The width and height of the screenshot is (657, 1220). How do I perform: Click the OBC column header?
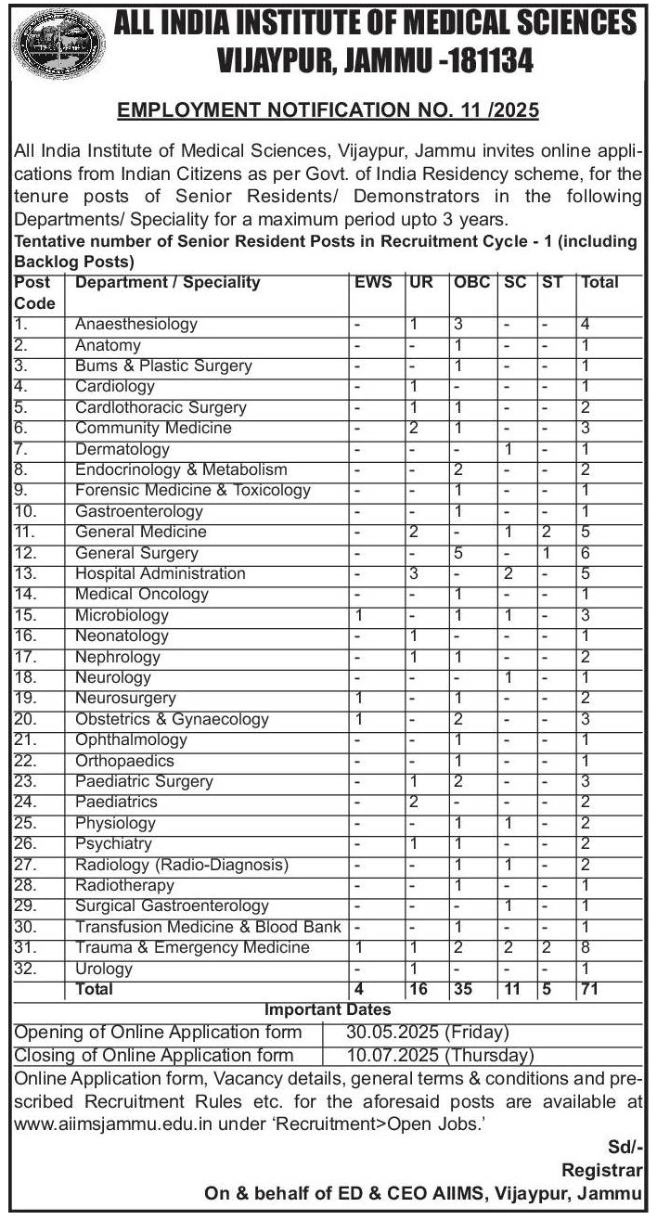(470, 283)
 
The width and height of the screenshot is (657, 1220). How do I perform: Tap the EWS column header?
(373, 283)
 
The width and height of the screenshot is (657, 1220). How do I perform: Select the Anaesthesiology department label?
(136, 325)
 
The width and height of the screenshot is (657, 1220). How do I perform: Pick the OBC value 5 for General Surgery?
(458, 553)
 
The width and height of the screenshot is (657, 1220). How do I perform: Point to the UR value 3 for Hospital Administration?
(415, 573)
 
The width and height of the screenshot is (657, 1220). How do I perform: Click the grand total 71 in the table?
(589, 990)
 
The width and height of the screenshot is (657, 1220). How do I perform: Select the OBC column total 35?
(463, 990)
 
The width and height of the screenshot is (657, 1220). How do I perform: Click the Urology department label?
(104, 970)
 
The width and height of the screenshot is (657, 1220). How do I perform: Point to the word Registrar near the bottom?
(601, 1171)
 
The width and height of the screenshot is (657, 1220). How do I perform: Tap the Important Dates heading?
(328, 1010)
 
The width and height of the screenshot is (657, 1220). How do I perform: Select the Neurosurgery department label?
(125, 699)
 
